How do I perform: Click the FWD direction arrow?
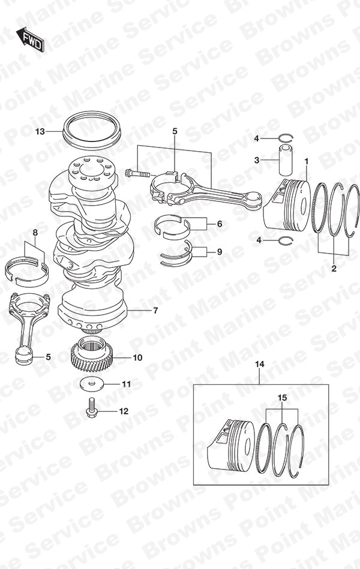pos(30,38)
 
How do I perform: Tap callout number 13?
pos(40,131)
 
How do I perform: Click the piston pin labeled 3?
pos(285,160)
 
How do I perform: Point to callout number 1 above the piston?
pos(306,161)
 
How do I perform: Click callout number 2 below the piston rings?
pos(334,269)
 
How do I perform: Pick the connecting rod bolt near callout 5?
pos(137,173)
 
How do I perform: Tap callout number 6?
pos(220,224)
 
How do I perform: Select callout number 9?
pos(220,251)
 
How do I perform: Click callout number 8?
pos(35,232)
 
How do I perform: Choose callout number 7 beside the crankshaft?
pos(155,311)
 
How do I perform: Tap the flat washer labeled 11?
pos(92,384)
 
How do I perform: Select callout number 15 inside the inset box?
pos(282,398)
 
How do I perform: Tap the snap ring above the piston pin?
pos(286,138)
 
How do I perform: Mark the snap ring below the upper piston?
pos(285,240)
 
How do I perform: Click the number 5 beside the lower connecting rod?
pos(49,357)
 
